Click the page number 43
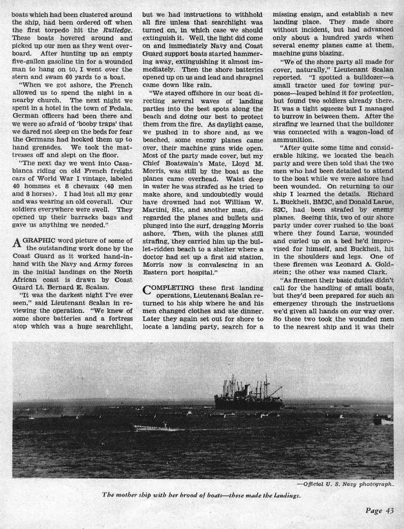click(x=381, y=511)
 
